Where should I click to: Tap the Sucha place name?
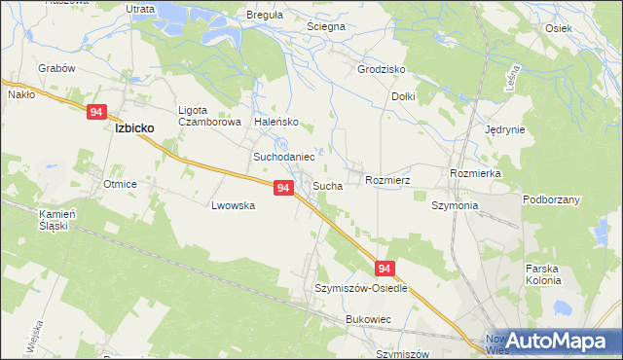click(x=327, y=185)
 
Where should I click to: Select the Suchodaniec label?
click(x=284, y=156)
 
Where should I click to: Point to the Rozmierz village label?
click(x=387, y=180)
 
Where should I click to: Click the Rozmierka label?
click(x=475, y=172)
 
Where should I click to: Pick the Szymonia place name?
click(x=455, y=206)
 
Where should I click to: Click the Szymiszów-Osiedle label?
click(x=361, y=289)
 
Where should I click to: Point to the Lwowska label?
click(x=233, y=206)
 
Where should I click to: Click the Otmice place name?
click(x=120, y=184)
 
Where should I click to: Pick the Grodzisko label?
click(x=381, y=70)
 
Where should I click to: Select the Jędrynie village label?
click(x=505, y=129)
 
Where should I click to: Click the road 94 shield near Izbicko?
click(x=95, y=112)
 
